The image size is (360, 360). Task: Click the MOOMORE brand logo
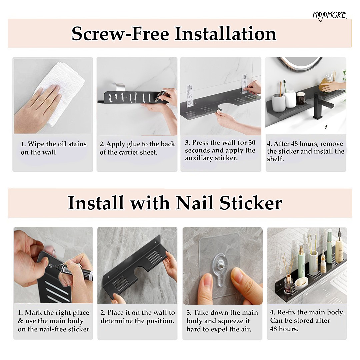click(x=329, y=16)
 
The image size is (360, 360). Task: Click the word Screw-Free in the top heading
click(x=120, y=34)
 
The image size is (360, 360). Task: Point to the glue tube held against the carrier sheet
click(x=160, y=95)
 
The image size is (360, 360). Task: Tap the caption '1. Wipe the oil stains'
click(x=53, y=144)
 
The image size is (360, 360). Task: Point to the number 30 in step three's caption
click(x=252, y=143)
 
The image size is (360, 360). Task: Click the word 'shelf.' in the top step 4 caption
click(x=275, y=159)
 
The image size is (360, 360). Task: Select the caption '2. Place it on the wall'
click(x=138, y=312)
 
